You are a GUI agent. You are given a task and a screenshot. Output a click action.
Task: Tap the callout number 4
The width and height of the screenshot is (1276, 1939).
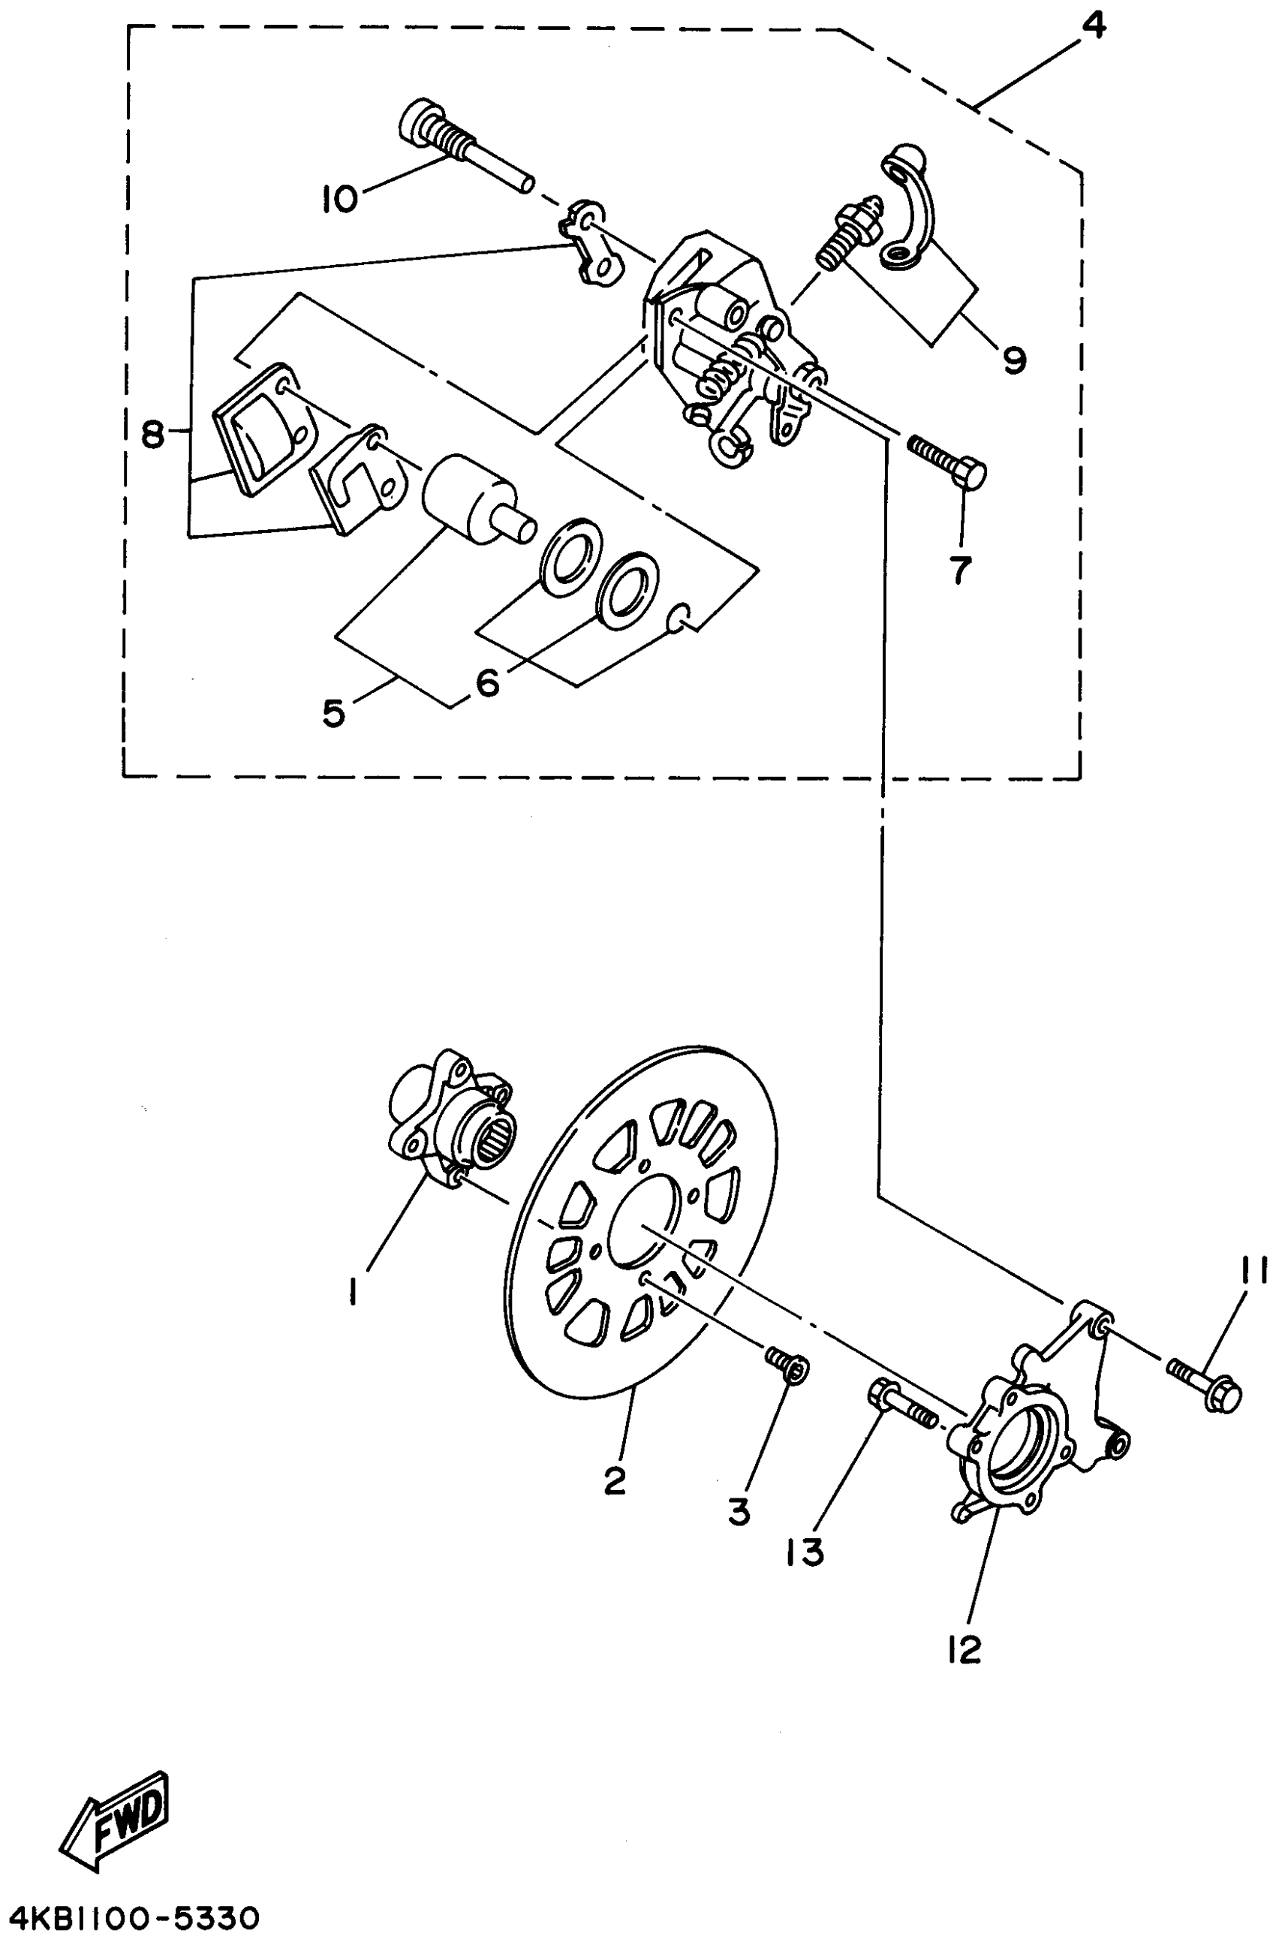tap(1092, 26)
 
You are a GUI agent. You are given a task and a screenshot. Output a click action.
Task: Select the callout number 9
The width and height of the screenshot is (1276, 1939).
tap(1013, 359)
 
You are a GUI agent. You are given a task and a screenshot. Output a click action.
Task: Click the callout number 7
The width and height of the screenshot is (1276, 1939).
tap(961, 570)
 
